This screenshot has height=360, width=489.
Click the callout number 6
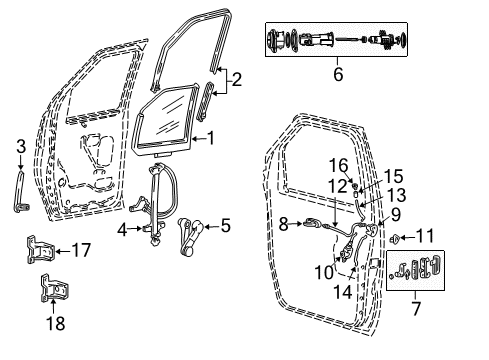point(338,74)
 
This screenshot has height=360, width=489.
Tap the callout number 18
point(55,323)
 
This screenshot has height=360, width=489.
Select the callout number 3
point(21,147)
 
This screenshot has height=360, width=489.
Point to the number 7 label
point(416,308)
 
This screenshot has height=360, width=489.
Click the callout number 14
point(343,292)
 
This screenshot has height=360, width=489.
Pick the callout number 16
point(338,166)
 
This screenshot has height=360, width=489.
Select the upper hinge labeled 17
point(40,250)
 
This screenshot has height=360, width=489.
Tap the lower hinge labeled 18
point(55,288)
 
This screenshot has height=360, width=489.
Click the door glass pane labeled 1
point(164,120)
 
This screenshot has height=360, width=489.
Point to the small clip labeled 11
point(395,239)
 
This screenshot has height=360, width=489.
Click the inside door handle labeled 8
point(312,223)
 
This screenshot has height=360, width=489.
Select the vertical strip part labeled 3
point(21,191)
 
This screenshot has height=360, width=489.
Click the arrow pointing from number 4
point(135,229)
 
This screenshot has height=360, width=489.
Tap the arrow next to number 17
point(63,251)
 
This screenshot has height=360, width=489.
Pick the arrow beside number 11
point(407,238)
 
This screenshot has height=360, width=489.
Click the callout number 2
point(236,80)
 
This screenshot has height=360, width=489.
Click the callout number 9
point(395,215)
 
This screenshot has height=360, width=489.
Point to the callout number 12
point(338,186)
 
